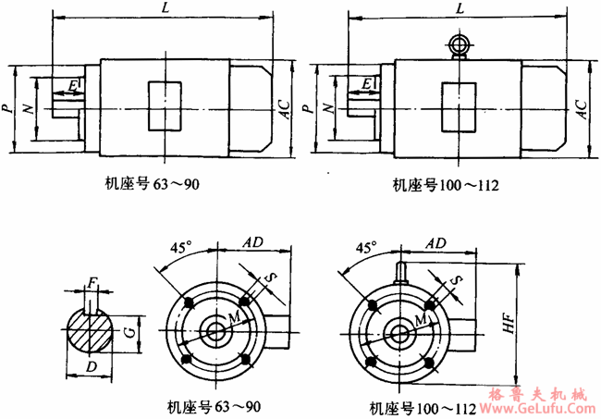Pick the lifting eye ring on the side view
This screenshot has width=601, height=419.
point(459,43)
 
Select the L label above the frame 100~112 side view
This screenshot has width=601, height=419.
point(460,8)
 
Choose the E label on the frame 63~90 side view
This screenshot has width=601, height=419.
point(72,86)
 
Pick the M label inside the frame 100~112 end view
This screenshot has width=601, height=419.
point(421,319)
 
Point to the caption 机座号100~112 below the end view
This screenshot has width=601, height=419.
point(423,408)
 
